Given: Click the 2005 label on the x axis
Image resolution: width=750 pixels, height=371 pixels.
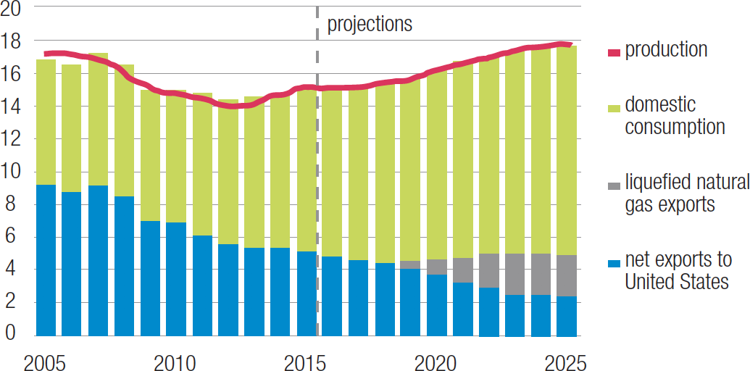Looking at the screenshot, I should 44,360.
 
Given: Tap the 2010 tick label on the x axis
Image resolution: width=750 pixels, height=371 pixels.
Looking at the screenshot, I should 175,360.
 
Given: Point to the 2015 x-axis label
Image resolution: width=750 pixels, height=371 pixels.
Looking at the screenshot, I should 307,360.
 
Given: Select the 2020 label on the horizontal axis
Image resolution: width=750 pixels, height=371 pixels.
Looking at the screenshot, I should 436,360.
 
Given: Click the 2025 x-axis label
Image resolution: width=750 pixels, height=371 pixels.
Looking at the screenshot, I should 566,360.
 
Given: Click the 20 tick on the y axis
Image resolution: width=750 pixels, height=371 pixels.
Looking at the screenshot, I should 12,8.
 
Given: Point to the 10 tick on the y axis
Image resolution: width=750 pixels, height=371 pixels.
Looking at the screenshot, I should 12,172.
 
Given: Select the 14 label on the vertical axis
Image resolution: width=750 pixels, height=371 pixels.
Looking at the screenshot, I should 12,107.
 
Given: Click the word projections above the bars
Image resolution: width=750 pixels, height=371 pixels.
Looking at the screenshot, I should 370,24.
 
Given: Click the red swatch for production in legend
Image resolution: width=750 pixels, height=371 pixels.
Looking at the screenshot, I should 613,51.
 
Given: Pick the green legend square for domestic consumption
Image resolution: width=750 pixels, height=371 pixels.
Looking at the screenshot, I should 613,107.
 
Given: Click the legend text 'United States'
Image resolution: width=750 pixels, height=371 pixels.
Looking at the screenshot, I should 676,281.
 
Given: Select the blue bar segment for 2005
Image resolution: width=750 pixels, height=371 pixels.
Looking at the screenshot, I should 46,261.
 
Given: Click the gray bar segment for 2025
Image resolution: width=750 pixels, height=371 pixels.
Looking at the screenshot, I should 567,275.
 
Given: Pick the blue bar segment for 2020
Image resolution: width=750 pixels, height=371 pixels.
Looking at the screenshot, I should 437,304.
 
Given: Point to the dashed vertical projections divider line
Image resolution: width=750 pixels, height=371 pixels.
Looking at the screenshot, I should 317,181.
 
